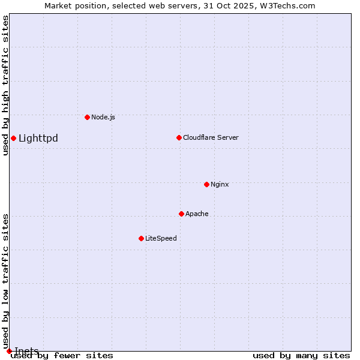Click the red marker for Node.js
pyautogui.click(x=87, y=117)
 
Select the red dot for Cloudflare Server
pyautogui.click(x=179, y=137)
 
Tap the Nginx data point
pyautogui.click(x=206, y=184)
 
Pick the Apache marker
pyautogui.click(x=181, y=214)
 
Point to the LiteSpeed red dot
pyautogui.click(x=141, y=238)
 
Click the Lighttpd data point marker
pyautogui.click(x=13, y=139)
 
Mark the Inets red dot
pyautogui.click(x=9, y=350)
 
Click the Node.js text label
pyautogui.click(x=103, y=117)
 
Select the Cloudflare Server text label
pyautogui.click(x=211, y=137)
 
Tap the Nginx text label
pyautogui.click(x=220, y=184)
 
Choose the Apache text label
pyautogui.click(x=197, y=214)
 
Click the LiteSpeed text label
pyautogui.click(x=161, y=238)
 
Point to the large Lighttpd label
pyautogui.click(x=38, y=139)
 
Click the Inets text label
pyautogui.click(x=26, y=351)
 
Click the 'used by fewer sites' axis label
pyautogui.click(x=62, y=356)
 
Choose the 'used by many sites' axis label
pyautogui.click(x=301, y=356)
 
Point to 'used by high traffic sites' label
pyautogui.click(x=5, y=85)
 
